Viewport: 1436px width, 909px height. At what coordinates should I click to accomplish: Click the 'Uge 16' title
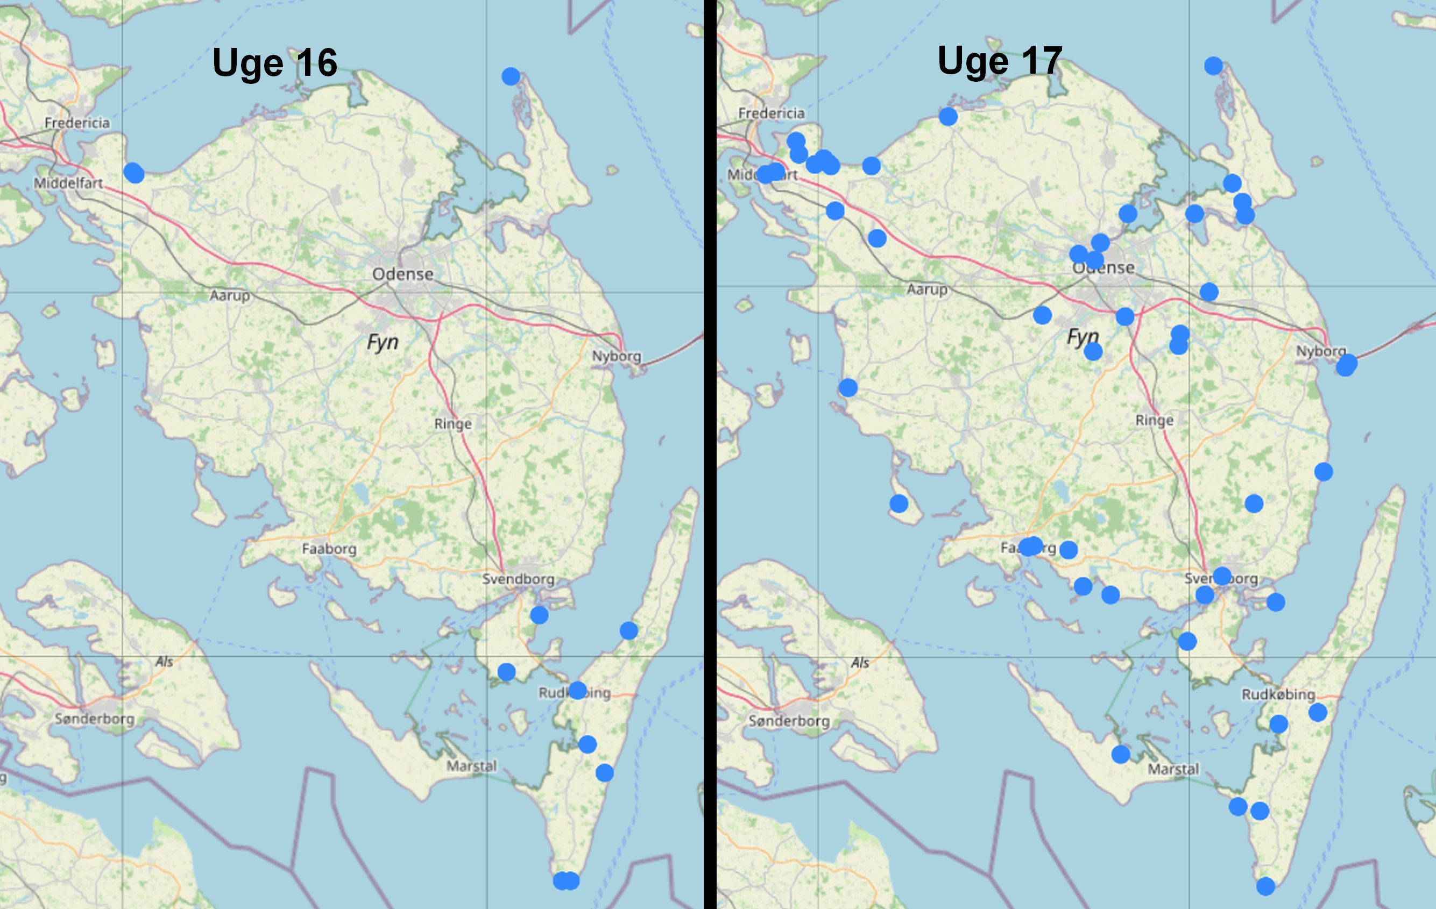point(274,62)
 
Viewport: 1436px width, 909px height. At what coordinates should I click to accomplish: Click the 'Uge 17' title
point(1000,60)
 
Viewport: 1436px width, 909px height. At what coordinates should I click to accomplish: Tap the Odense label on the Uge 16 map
point(402,274)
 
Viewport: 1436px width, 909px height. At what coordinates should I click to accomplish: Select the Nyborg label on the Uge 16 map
point(616,357)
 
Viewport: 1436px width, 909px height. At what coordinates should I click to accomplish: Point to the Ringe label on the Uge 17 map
point(1154,420)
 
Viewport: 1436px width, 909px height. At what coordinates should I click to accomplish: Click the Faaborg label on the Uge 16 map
point(329,549)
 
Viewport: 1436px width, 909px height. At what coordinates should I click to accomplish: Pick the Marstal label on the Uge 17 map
point(1173,769)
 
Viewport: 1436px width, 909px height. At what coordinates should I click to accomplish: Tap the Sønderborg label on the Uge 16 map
point(94,718)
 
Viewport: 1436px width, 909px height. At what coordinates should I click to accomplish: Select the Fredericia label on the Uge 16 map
point(77,123)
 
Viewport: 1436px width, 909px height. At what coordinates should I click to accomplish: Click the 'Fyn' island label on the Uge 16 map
point(382,342)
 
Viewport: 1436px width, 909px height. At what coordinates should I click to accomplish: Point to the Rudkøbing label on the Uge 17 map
point(1278,694)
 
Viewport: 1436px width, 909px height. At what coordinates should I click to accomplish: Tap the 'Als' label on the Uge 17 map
point(859,662)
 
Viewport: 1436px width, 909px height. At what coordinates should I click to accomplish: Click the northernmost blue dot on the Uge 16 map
point(511,76)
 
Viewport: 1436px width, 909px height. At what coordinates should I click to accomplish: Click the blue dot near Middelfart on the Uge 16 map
point(134,173)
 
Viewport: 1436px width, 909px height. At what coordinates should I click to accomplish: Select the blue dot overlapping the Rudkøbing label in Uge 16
point(577,690)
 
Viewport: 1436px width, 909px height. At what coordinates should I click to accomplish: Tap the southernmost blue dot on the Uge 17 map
point(1265,886)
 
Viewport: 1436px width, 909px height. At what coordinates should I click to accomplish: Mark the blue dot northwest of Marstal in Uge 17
point(1121,755)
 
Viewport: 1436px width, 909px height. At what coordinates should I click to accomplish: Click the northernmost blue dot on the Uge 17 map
point(1213,66)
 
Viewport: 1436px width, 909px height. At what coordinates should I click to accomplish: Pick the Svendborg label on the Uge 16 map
point(518,579)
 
